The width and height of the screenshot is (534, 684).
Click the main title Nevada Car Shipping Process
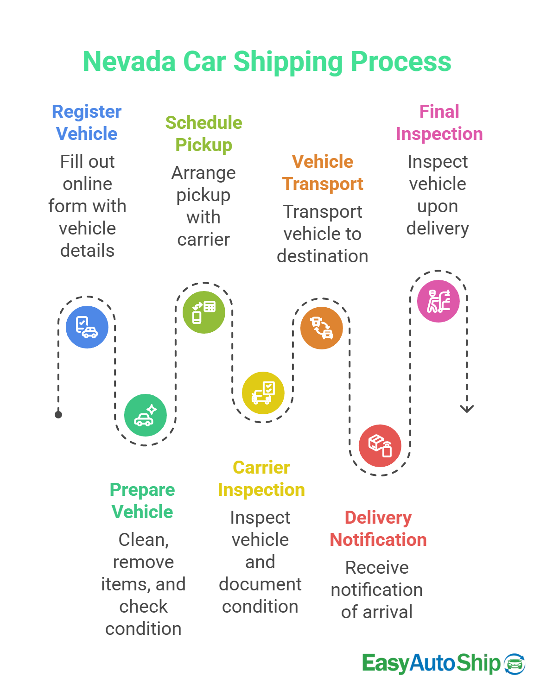click(267, 62)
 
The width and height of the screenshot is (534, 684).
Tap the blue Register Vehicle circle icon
click(87, 327)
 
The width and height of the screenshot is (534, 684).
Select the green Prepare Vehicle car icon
click(145, 415)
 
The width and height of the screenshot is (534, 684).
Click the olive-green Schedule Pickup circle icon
click(203, 312)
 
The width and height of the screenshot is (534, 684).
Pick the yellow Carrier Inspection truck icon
click(263, 393)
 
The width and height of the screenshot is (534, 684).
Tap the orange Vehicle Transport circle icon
click(321, 328)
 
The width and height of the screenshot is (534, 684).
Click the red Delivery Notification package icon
click(380, 446)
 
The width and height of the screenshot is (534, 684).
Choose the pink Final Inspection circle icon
click(438, 301)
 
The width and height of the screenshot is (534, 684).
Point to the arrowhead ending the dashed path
click(467, 409)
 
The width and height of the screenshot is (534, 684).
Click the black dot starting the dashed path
click(58, 414)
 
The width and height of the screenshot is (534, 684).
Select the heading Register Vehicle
click(87, 123)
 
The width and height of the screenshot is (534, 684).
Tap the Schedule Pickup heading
click(203, 134)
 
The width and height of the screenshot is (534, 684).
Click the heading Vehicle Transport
click(322, 173)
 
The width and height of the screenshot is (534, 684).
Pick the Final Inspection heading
click(439, 123)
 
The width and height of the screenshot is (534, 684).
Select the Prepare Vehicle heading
click(142, 501)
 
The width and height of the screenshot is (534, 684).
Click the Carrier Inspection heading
click(261, 479)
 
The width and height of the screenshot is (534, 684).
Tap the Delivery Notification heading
click(378, 529)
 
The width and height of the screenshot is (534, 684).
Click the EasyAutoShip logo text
click(431, 663)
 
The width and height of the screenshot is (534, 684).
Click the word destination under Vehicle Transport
click(322, 256)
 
